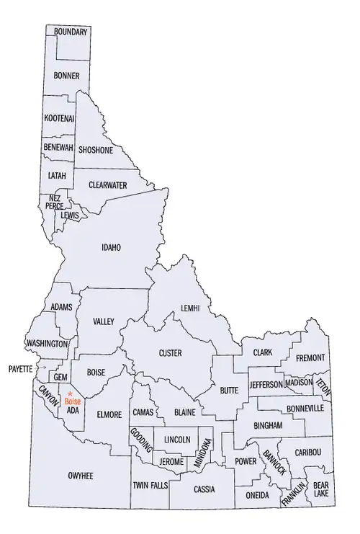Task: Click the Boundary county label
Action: coord(71,32)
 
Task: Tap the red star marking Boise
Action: coord(70,393)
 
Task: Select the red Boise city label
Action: coord(72,401)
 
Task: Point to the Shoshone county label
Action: coord(96,150)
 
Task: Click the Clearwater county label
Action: coord(107,185)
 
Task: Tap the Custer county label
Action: coord(170,353)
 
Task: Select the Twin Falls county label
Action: coord(150,486)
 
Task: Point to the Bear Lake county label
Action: coord(321,490)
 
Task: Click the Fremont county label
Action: coord(310,357)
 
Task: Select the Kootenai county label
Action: coord(58,117)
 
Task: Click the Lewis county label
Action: coord(69,215)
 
